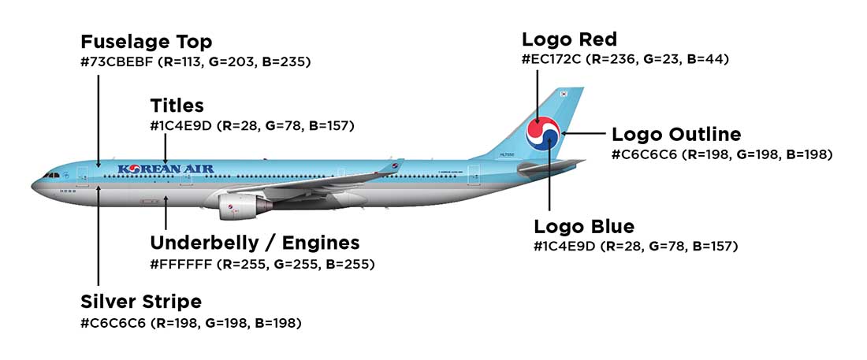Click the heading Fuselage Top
(x=146, y=42)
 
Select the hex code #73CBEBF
(x=117, y=61)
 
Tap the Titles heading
(x=177, y=106)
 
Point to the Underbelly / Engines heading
(x=255, y=243)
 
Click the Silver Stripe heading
(x=141, y=302)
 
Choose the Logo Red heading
(x=569, y=39)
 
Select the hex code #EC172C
(x=552, y=59)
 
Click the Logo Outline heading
(x=676, y=134)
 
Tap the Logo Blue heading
(x=584, y=227)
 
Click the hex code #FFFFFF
(x=180, y=264)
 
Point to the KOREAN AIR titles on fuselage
(x=160, y=169)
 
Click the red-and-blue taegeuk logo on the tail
(x=543, y=134)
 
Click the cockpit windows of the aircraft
(x=52, y=175)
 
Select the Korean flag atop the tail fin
(x=564, y=95)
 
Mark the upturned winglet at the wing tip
(x=392, y=165)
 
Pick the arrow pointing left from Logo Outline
(x=583, y=134)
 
